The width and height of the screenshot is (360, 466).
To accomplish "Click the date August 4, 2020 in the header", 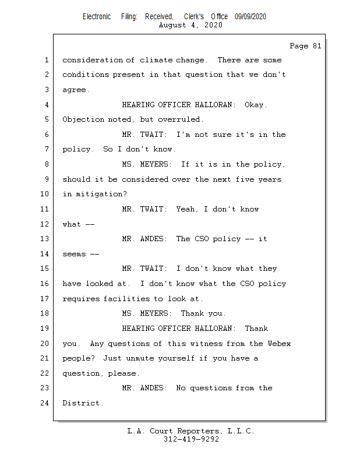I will (190, 25).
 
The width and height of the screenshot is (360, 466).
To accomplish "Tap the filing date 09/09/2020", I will (250, 17).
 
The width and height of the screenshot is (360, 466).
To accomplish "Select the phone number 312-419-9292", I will (191, 439).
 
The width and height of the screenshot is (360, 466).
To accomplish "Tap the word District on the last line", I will (82, 403).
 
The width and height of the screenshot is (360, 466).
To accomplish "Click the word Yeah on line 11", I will (187, 209).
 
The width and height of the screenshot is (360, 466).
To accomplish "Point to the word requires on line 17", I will (82, 299).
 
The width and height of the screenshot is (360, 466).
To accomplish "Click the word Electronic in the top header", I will (97, 17).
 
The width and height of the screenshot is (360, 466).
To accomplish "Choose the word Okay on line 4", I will (255, 105).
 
